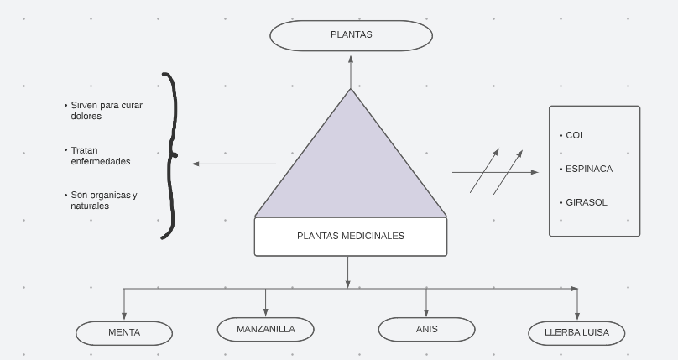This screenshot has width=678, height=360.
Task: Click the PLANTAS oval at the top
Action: pos(351,35)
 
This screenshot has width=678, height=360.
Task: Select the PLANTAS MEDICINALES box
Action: pos(351,237)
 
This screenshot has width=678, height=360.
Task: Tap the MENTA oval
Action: pos(124,333)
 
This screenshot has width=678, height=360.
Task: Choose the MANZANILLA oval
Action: pos(265,330)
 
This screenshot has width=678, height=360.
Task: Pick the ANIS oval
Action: pos(426,330)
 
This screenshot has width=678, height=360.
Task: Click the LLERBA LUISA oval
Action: pos(577,333)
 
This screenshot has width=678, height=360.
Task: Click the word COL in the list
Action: pos(575,135)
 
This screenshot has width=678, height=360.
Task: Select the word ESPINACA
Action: pos(588,169)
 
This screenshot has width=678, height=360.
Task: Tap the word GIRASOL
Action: pos(586,202)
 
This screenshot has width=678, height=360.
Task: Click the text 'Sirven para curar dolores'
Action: pos(107,111)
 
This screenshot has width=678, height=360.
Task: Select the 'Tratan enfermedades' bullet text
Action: pos(101,156)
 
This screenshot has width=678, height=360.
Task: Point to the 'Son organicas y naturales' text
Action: pos(103,201)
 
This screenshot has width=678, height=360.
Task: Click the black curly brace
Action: pos(170,155)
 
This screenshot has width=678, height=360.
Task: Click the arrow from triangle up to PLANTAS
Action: pos(351,70)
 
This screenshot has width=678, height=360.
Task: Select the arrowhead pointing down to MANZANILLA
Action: pos(265,312)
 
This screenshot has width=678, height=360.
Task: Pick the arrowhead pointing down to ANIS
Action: pos(426,312)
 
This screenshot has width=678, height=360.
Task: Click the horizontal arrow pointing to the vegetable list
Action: pos(495,172)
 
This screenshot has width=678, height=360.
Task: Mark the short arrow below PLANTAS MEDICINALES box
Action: pos(348,272)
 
